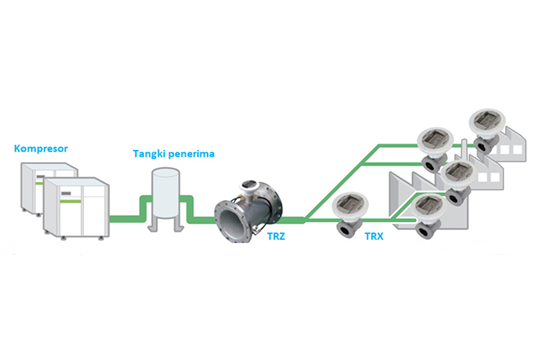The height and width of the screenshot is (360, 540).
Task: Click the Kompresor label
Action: [x=41, y=148]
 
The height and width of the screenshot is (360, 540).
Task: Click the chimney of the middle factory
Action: [x=465, y=147]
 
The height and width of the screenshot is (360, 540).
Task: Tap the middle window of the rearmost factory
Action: [x=502, y=148]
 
